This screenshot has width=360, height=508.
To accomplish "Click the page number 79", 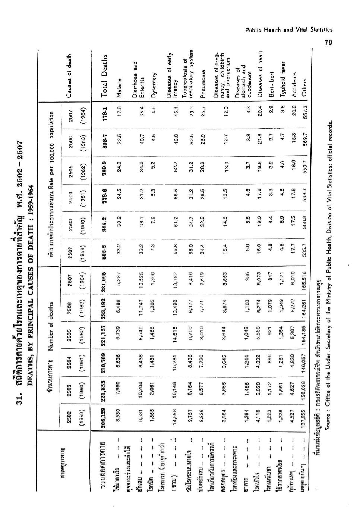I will tap(328, 43).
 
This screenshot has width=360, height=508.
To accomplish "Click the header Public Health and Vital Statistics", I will tap(289, 30).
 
